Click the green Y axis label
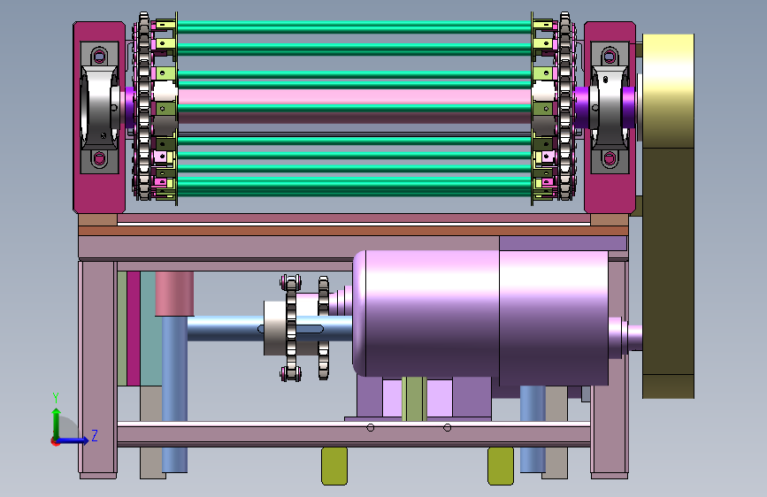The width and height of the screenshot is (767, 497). pos(56,398)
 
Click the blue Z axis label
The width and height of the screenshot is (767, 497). pos(95,435)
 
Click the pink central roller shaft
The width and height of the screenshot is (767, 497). pos(354,96)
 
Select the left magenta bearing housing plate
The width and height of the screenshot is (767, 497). pos(99,118)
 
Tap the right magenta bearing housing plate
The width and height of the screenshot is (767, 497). pos(610,118)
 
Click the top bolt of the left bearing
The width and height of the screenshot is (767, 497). pos(99,56)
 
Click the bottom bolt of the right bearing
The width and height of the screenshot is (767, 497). pos(610,158)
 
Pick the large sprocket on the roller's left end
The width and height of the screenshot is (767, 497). pos(144,106)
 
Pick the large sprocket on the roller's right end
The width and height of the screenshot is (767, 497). pos(565,106)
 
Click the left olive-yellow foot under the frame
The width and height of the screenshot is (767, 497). pos(334,466)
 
